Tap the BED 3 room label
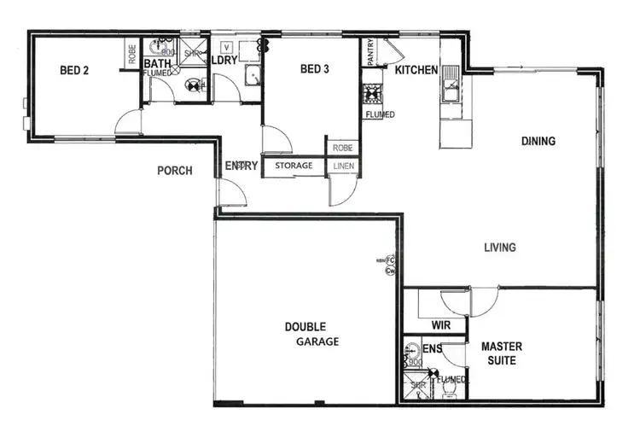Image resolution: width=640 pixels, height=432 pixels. tap(316, 70)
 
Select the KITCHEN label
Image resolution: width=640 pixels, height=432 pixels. tap(416, 70)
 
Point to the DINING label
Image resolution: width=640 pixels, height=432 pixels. tap(538, 141)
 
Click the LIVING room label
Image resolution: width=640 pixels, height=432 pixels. tap(499, 248)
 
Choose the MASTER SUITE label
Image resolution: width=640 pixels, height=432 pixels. tap(502, 353)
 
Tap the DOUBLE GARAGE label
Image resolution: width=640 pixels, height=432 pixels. tap(311, 334)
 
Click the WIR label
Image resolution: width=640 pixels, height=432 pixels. tap(441, 325)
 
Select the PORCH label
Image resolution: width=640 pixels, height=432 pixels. tap(175, 171)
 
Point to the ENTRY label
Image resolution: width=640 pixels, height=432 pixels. tap(241, 166)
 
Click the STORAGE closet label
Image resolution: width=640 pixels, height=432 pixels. tap(293, 166)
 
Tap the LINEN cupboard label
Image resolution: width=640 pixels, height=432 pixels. tap(343, 166)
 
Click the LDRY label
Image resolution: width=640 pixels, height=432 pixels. tap(224, 62)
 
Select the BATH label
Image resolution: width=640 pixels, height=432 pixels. tap(157, 63)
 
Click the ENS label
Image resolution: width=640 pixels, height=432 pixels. tap(433, 348)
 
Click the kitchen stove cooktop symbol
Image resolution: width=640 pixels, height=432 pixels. tap(373, 91)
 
